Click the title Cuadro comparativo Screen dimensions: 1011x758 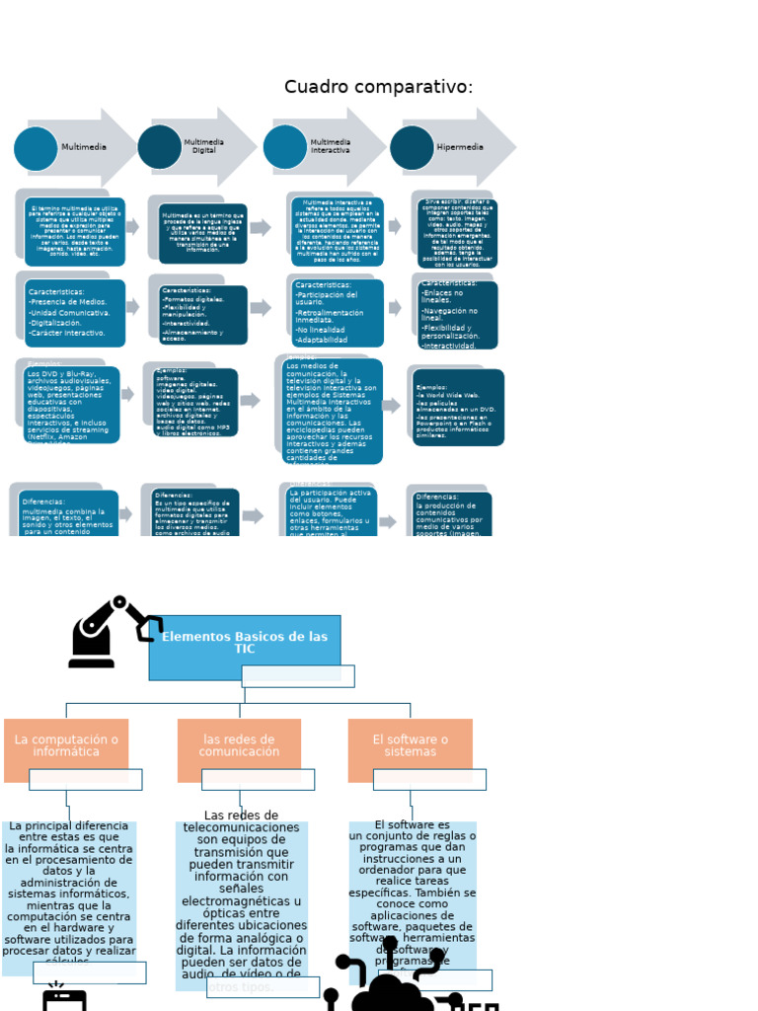378,87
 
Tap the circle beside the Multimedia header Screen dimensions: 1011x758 37,148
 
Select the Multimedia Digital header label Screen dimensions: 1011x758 203,147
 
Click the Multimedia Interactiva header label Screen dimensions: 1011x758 331,147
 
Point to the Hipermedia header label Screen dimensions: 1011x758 460,147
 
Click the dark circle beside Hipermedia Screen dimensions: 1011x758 412,147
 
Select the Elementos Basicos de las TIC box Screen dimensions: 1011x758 245,646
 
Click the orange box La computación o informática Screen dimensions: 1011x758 66,748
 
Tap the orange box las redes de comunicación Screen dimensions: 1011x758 239,748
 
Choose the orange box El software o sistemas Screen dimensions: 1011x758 410,748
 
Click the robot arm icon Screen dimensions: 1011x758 112,632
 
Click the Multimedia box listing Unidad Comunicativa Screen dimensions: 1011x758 75,313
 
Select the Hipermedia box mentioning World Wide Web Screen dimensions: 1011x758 458,408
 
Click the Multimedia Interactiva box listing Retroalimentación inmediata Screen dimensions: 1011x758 338,313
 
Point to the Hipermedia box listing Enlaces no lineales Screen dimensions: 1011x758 457,315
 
